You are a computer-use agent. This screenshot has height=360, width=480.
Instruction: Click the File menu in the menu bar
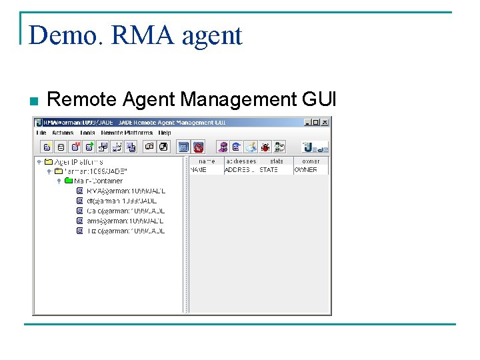(41, 133)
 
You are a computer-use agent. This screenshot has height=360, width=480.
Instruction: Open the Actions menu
(63, 133)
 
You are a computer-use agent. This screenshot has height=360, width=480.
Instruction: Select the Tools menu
(87, 133)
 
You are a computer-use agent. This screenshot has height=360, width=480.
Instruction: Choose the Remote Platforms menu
(127, 133)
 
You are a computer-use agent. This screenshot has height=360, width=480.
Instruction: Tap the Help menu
(165, 133)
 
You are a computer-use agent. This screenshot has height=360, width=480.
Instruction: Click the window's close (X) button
(325, 122)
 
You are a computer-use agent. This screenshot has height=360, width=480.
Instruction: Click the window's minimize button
(307, 122)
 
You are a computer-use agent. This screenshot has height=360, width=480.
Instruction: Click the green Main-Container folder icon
(68, 181)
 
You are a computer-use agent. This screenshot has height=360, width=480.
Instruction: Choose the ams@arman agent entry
(125, 221)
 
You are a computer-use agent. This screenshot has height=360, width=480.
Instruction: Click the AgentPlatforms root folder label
(78, 161)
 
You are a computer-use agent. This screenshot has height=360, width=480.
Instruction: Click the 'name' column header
(207, 161)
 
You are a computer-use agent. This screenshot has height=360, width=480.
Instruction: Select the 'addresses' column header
(241, 161)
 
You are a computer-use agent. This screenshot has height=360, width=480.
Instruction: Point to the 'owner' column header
(311, 161)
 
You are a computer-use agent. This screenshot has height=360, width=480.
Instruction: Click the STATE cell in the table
(269, 170)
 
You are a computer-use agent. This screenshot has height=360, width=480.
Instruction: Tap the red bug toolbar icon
(265, 147)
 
